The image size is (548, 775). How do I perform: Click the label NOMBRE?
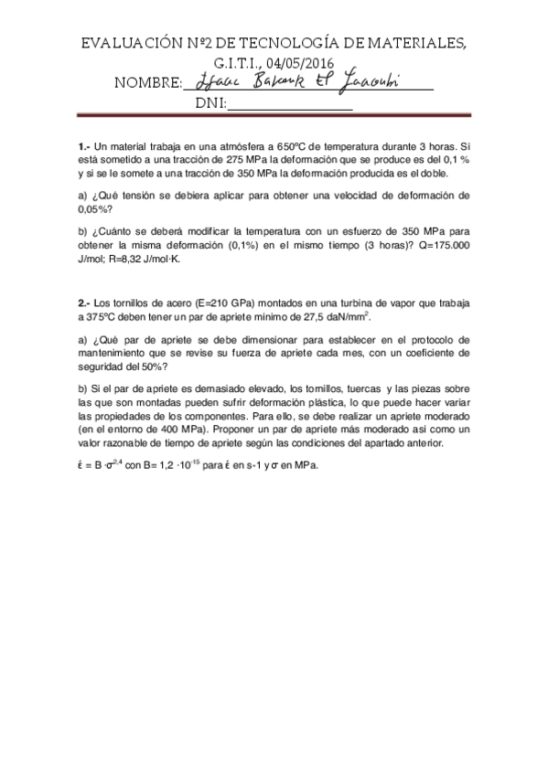pos(148,83)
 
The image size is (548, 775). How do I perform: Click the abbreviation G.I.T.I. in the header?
pos(236,61)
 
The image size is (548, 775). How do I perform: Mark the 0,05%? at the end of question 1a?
pos(95,208)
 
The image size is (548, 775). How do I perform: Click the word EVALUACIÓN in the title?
pos(126,43)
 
